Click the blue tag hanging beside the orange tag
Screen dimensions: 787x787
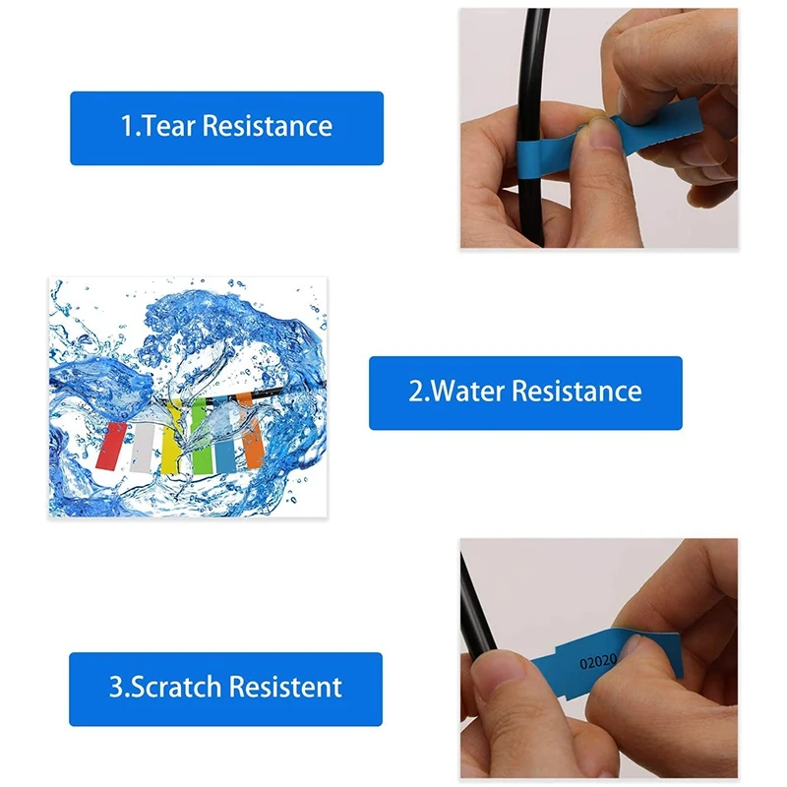point(229,441)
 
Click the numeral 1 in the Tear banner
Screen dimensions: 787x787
point(126,127)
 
